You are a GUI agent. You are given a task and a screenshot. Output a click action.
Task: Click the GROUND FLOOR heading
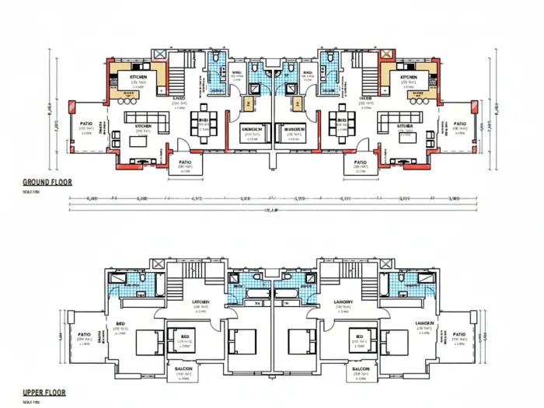(46, 182)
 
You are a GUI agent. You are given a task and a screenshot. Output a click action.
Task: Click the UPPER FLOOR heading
(44, 393)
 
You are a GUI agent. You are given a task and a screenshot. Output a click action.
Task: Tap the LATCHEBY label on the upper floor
(201, 302)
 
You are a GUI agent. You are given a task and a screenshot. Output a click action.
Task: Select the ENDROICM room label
(250, 129)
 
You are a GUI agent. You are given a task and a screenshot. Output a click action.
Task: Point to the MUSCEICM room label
(293, 129)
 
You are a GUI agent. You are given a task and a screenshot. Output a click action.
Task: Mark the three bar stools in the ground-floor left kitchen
(126, 99)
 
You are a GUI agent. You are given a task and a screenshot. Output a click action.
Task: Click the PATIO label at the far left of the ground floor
(85, 124)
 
